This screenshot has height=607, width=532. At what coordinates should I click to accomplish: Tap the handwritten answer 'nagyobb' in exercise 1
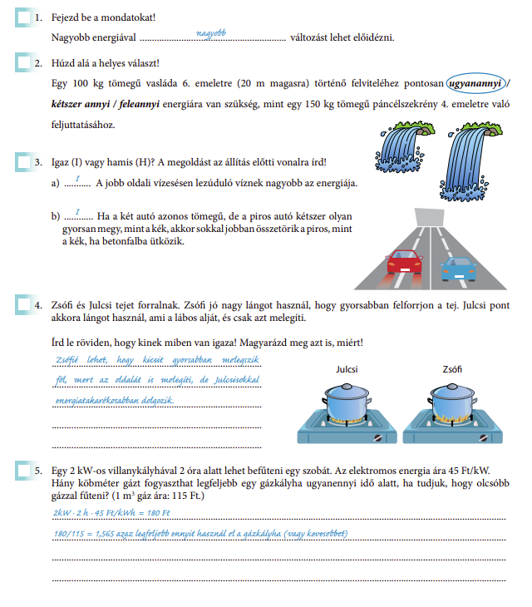tap(211, 33)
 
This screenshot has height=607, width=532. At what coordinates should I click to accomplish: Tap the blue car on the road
tap(458, 269)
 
